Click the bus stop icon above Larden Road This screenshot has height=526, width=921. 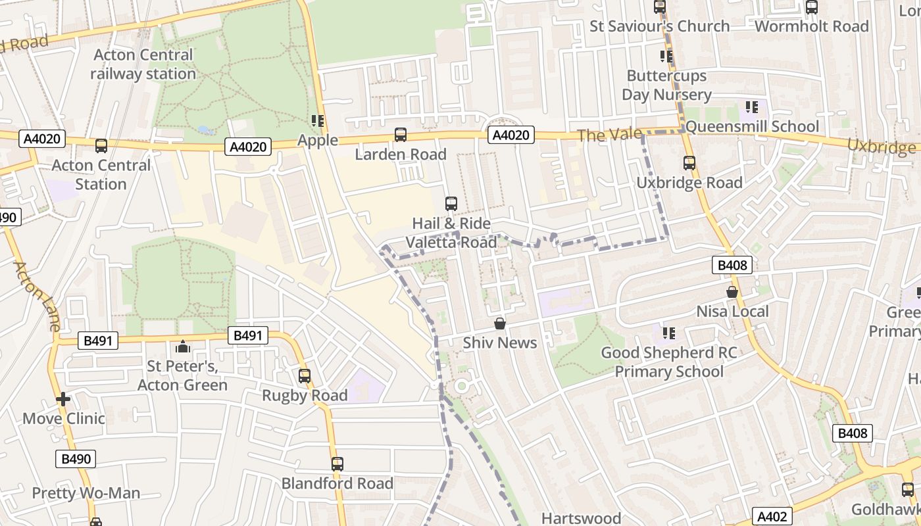click(400, 135)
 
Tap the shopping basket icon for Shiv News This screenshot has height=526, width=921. click(500, 323)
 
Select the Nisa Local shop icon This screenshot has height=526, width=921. click(732, 292)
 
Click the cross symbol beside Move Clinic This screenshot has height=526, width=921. click(63, 399)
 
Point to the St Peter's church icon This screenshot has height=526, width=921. click(182, 347)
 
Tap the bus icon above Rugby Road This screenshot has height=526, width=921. click(304, 376)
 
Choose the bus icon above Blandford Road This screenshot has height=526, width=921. click(337, 464)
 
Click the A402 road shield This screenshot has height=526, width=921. click(772, 516)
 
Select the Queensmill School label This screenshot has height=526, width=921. click(752, 126)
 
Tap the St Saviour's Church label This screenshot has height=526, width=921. click(659, 26)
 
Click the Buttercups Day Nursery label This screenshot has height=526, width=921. click(666, 85)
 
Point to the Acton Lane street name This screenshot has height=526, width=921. click(36, 296)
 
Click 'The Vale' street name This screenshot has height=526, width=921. click(609, 135)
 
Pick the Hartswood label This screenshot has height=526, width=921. click(581, 518)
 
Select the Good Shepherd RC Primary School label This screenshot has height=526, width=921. click(669, 362)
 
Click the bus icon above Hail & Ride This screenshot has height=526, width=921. click(451, 204)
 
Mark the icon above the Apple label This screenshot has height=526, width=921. click(318, 121)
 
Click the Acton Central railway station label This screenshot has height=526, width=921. click(143, 64)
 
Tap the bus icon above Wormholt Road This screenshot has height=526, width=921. click(812, 7)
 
